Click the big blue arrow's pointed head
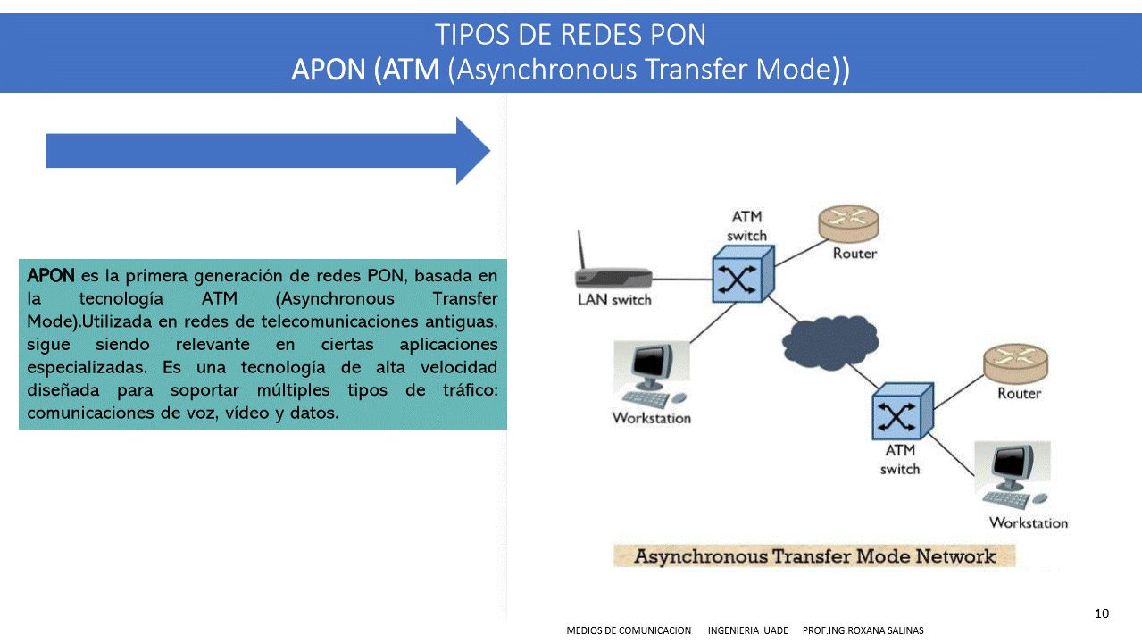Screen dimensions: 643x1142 click(473, 151)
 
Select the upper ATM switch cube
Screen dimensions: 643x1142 click(740, 275)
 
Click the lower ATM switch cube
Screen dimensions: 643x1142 click(901, 413)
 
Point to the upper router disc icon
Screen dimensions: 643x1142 click(849, 223)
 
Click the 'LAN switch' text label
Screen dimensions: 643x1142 click(614, 300)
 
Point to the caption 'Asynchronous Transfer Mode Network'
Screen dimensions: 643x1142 click(813, 556)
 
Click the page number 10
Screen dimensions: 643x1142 click(1101, 614)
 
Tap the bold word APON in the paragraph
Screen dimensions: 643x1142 click(51, 275)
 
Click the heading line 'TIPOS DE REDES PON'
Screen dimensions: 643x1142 click(571, 35)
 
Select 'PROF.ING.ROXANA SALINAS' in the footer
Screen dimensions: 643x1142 click(863, 630)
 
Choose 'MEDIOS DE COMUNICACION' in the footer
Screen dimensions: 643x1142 click(629, 630)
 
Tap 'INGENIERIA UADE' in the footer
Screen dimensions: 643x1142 click(747, 630)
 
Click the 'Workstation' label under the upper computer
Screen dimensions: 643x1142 click(651, 418)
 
